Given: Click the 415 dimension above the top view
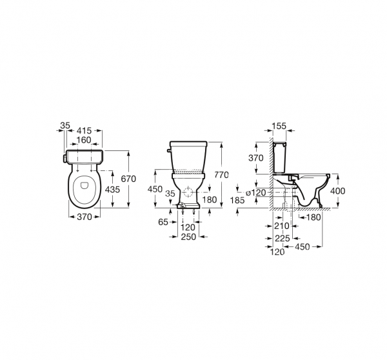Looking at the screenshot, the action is [84, 130].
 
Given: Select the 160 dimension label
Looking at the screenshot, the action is [84, 140].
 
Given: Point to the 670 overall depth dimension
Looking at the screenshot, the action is [128, 179].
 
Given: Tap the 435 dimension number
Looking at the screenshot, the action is [112, 190].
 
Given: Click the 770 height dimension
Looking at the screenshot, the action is [221, 175].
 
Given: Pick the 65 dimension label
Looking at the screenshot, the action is [163, 222].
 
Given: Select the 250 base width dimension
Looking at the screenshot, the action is [188, 237].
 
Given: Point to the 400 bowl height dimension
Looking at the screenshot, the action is [337, 191].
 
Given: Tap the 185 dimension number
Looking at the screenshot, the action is [237, 200].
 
